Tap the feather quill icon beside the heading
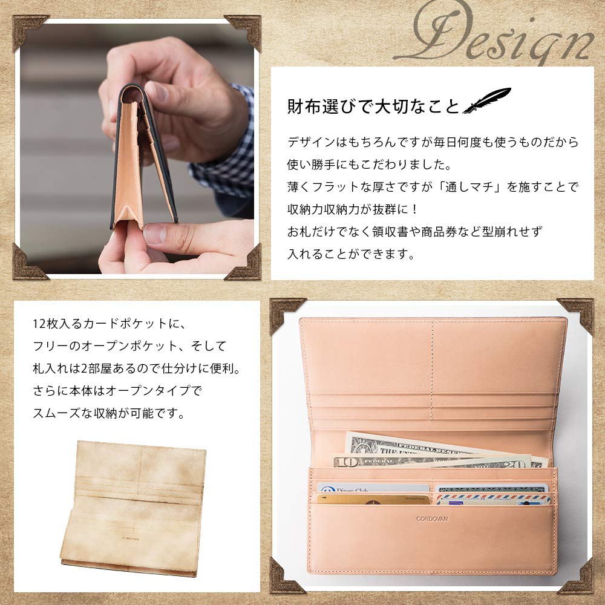[486, 101]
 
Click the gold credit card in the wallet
[373, 500]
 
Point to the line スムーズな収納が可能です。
[110, 414]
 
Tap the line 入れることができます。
[351, 254]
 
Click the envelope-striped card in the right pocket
[493, 500]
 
